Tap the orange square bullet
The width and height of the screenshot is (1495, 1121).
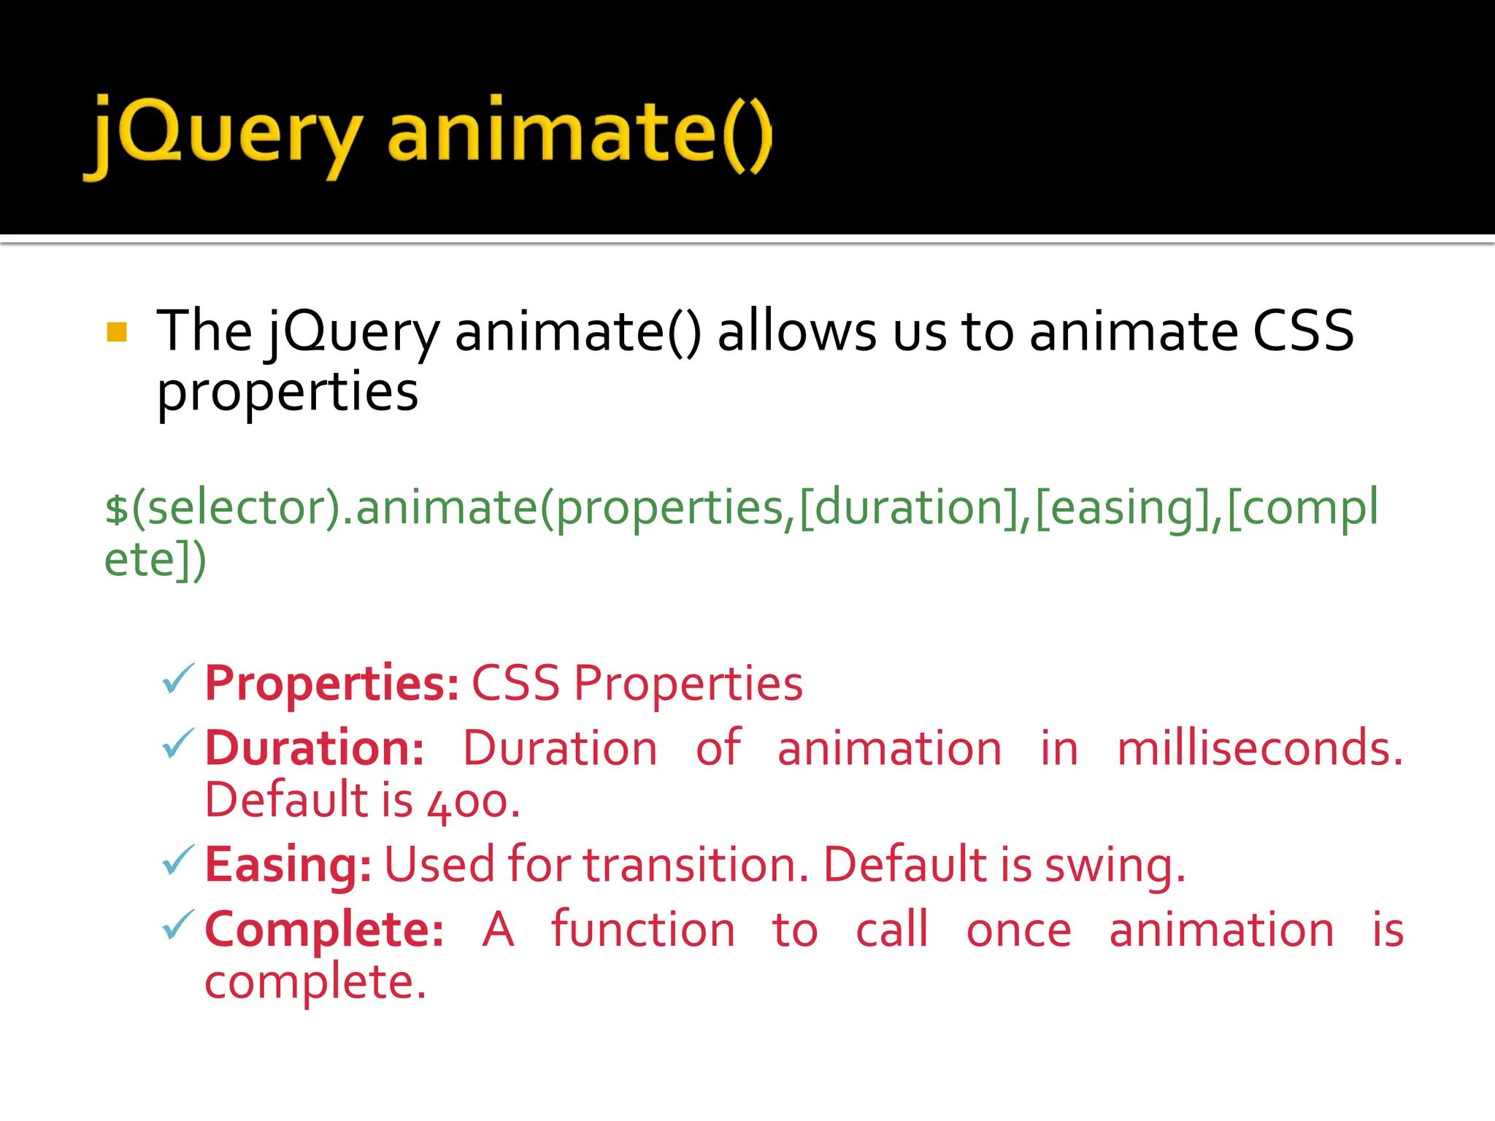(x=117, y=332)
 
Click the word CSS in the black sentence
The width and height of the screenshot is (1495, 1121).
(x=1303, y=331)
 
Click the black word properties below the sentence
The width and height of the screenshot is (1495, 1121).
(x=288, y=393)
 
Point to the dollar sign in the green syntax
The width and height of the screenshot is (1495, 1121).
(x=117, y=509)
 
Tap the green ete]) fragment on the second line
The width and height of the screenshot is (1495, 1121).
(x=155, y=560)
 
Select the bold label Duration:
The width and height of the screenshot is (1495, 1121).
(x=315, y=749)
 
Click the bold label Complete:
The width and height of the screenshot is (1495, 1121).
(x=324, y=930)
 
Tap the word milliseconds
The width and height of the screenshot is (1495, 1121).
(x=1259, y=749)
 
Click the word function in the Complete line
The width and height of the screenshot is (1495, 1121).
(x=643, y=930)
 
